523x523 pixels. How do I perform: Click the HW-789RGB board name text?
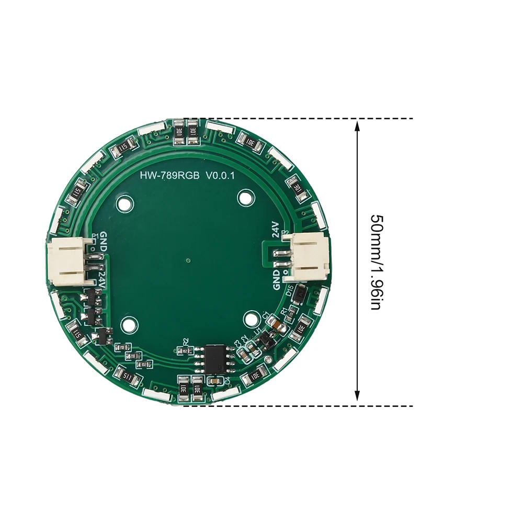[x=169, y=177]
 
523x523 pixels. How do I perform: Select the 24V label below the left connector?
[x=102, y=277]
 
